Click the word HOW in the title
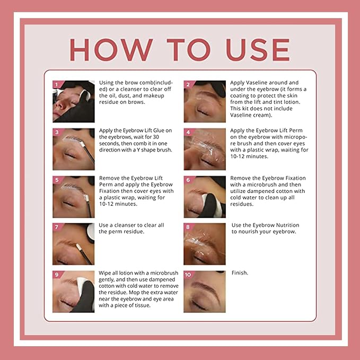click(111, 50)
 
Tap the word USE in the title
click(258, 50)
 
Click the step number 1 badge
click(57, 84)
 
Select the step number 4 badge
click(189, 132)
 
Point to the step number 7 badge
click(57, 227)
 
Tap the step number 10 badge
click(188, 275)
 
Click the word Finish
click(240, 273)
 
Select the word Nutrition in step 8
click(287, 225)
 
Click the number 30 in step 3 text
click(156, 137)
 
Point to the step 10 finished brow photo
click(205, 292)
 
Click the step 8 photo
click(205, 244)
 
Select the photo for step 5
click(74, 197)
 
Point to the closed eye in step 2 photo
click(203, 112)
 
